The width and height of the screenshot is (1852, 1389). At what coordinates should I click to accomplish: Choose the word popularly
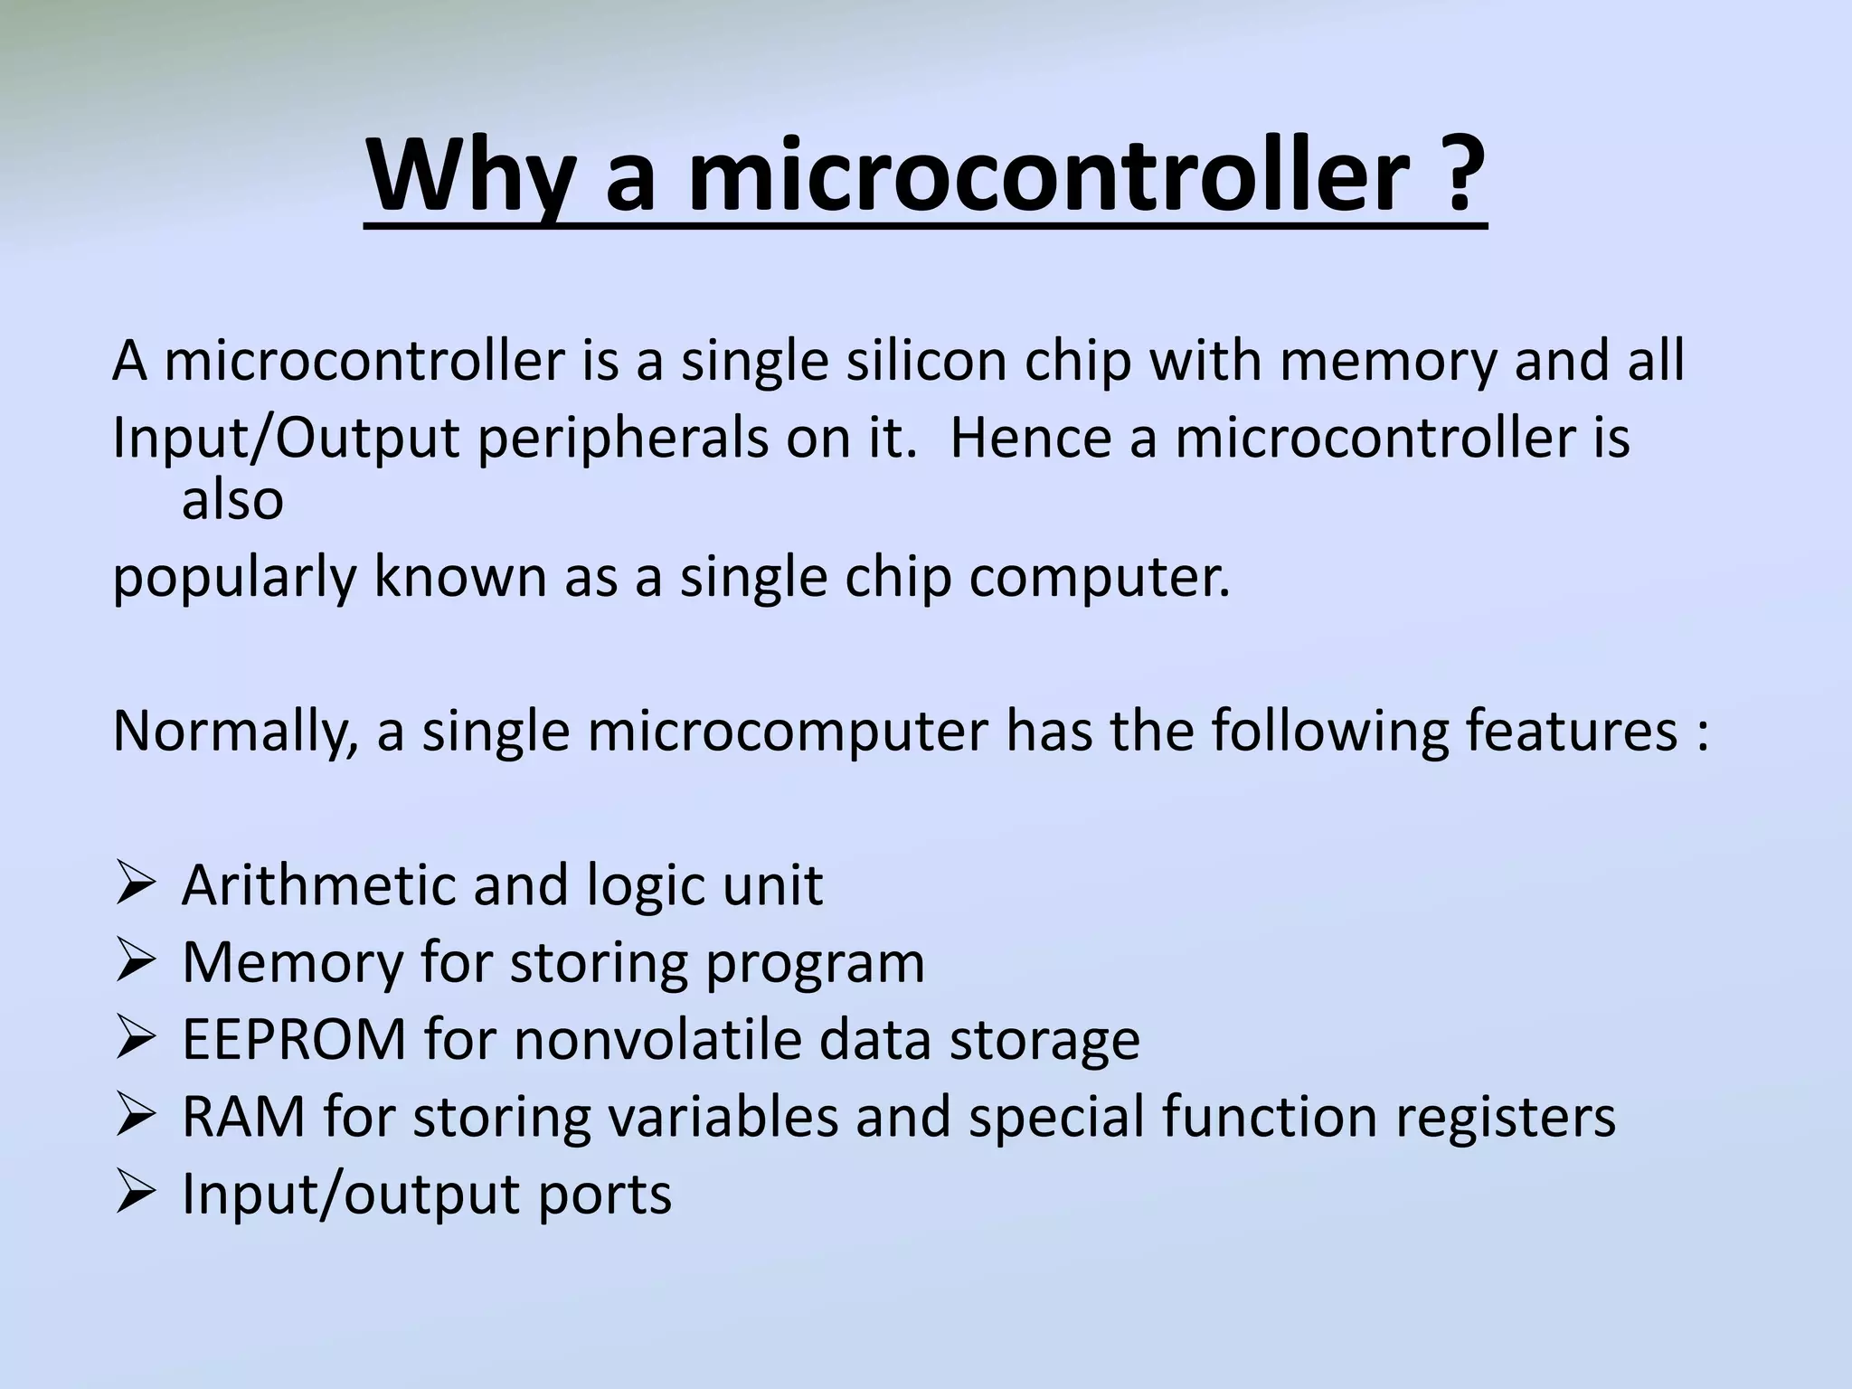point(234,578)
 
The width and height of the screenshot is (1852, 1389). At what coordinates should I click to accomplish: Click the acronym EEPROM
point(295,1040)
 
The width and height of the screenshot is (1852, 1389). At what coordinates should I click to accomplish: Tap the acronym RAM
point(243,1117)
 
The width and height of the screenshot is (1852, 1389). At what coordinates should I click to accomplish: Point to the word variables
point(723,1117)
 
